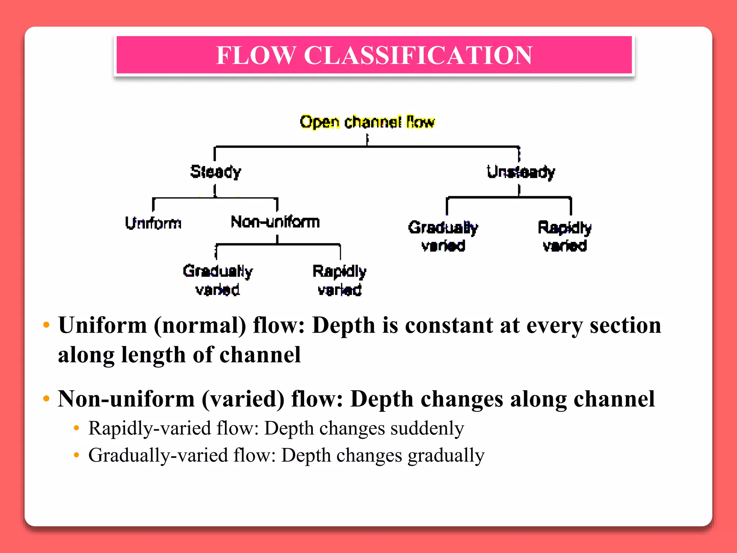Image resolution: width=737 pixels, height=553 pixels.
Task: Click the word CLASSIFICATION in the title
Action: click(418, 55)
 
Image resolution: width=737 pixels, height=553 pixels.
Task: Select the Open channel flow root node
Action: click(367, 122)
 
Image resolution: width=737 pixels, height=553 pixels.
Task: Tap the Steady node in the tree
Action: click(216, 172)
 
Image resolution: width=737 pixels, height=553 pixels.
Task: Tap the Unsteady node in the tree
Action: click(520, 172)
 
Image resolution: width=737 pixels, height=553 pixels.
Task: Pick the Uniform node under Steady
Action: click(153, 223)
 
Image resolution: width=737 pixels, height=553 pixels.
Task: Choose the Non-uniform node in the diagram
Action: click(275, 222)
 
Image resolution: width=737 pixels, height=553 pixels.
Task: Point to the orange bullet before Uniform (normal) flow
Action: click(46, 325)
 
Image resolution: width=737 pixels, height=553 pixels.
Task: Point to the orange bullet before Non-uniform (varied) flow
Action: click(46, 399)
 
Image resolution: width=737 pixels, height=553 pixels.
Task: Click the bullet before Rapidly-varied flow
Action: click(76, 428)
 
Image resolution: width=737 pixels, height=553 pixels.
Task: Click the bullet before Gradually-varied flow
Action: click(76, 455)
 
